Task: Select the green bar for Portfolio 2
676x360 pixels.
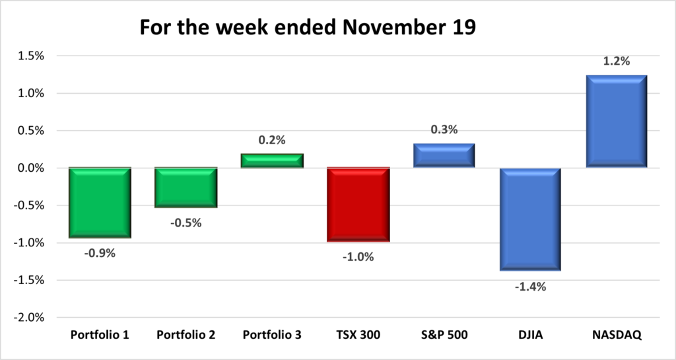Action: [186, 188]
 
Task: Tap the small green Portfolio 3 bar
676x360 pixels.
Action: [271, 161]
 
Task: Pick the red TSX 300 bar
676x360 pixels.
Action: [358, 204]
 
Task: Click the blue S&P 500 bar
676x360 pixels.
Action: [444, 156]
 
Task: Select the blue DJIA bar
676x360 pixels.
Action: [529, 219]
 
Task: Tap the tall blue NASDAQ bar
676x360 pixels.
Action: [615, 122]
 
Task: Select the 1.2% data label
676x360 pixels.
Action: [616, 61]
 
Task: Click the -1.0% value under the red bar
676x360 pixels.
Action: [358, 257]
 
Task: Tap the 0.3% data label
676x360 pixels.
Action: [444, 129]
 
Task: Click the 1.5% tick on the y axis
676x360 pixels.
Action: [30, 56]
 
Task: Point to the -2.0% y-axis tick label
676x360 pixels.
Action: [28, 318]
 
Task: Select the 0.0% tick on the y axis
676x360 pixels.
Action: [30, 168]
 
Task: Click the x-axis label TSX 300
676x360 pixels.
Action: [358, 335]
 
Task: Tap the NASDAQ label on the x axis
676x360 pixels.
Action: [615, 335]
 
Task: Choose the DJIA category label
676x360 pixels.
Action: [529, 335]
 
